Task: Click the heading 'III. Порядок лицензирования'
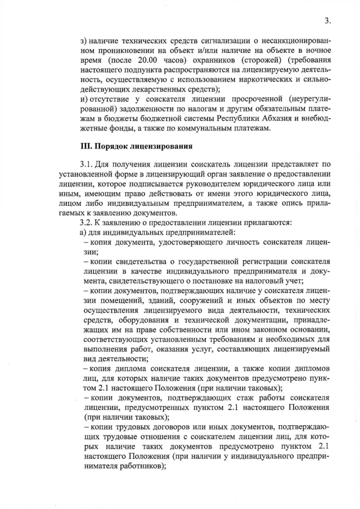click(137, 147)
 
